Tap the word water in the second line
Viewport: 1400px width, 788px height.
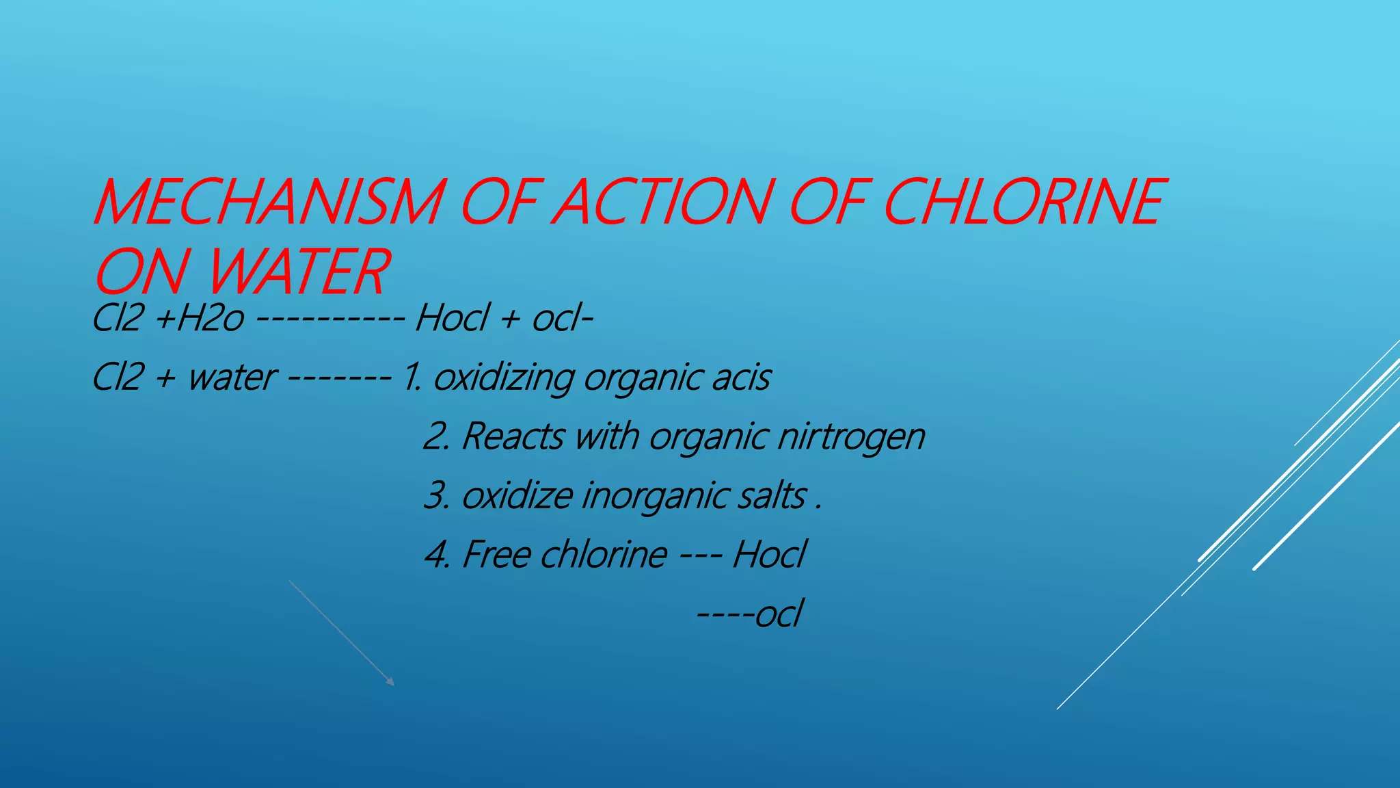point(231,378)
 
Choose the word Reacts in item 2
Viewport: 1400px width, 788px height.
point(513,436)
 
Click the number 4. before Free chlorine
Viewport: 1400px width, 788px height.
point(437,554)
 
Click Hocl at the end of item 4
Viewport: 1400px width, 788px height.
point(769,554)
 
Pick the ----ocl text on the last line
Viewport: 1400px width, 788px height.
point(749,613)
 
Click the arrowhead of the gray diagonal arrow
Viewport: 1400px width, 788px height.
point(391,682)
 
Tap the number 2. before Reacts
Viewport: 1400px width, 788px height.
point(436,436)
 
